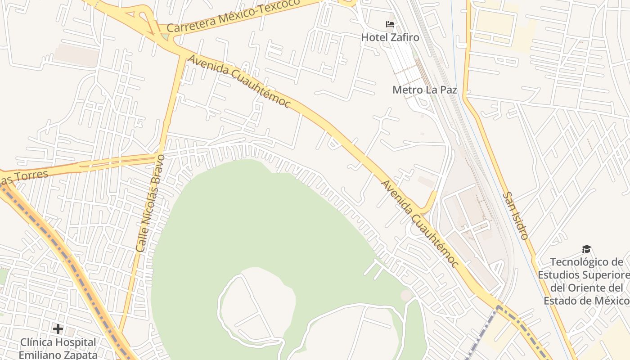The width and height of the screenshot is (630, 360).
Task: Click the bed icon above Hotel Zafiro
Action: click(x=390, y=24)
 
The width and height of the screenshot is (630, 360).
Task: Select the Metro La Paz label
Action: click(x=424, y=90)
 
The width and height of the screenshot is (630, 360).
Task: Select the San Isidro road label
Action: click(x=515, y=216)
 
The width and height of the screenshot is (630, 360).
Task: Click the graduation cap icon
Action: click(x=586, y=249)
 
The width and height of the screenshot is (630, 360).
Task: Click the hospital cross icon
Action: click(x=58, y=329)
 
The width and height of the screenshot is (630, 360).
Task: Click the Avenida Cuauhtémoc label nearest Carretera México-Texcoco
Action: click(x=239, y=81)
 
